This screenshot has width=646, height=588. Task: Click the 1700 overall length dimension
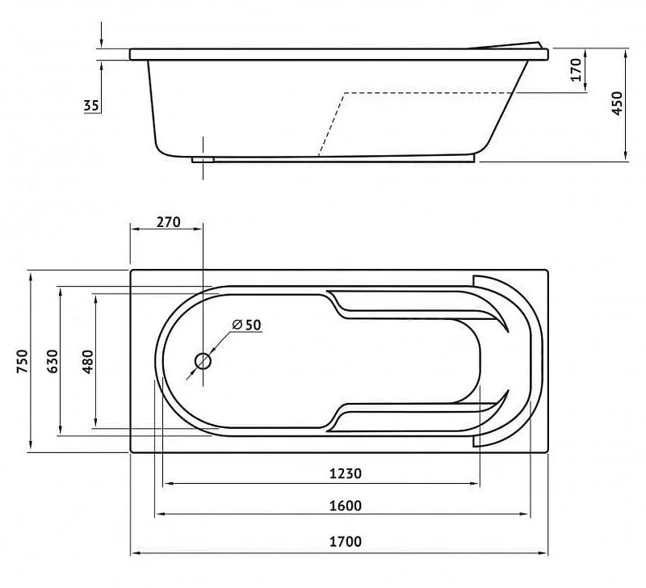(x=346, y=541)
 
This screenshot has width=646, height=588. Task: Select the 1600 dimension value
(x=346, y=505)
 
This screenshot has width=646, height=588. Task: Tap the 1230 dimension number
(x=346, y=473)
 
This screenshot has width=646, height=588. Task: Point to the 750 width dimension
(x=23, y=361)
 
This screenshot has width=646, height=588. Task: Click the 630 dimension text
(x=52, y=361)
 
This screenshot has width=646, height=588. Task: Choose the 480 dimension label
(x=88, y=361)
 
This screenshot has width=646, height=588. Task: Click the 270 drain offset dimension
(x=169, y=222)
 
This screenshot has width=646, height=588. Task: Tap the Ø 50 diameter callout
(x=247, y=325)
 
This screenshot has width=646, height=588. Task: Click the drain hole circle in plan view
(x=203, y=361)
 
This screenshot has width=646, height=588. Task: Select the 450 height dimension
(x=617, y=103)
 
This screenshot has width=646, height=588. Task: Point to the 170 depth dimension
(x=577, y=69)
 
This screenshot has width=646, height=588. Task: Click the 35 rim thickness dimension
(x=91, y=106)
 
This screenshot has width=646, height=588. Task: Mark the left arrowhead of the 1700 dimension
(x=135, y=553)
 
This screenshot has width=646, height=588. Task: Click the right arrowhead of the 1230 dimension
(x=476, y=483)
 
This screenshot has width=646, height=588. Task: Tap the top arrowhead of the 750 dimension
(x=31, y=275)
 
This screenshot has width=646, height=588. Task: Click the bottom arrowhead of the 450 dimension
(x=626, y=155)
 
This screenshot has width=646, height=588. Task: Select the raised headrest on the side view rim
(x=508, y=45)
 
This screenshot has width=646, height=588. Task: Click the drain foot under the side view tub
(x=203, y=159)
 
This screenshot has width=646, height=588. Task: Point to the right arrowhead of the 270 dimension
(x=198, y=229)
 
